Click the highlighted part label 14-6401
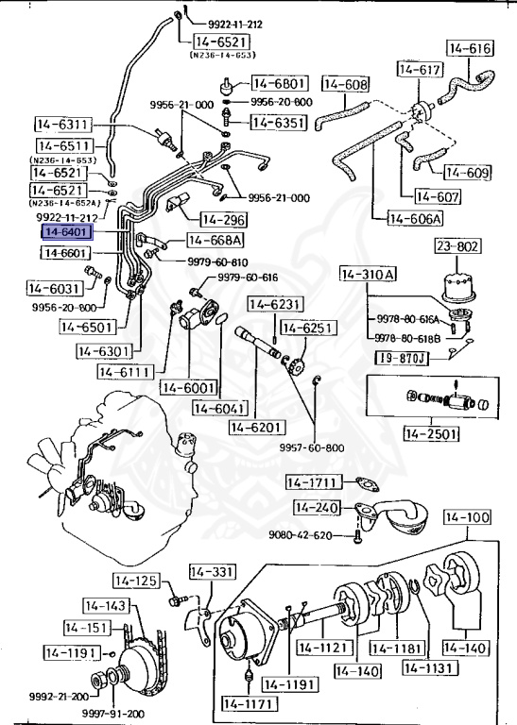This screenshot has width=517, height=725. click(x=68, y=232)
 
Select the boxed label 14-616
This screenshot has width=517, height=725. click(x=470, y=48)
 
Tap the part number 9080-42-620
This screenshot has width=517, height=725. click(x=301, y=535)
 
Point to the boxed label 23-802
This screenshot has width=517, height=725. click(x=457, y=246)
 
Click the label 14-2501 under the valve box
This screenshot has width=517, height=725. click(x=431, y=433)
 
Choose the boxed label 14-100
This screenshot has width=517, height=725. click(x=467, y=517)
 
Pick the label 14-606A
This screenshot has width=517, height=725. click(x=415, y=218)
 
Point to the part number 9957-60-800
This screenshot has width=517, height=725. click(x=312, y=447)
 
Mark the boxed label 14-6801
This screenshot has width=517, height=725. click(x=280, y=84)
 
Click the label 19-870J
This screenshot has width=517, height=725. click(x=402, y=358)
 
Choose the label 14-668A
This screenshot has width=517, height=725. click(x=215, y=241)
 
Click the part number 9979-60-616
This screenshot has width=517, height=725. click(x=248, y=278)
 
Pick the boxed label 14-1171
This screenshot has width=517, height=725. click(x=249, y=704)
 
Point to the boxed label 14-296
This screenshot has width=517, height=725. click(x=224, y=220)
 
